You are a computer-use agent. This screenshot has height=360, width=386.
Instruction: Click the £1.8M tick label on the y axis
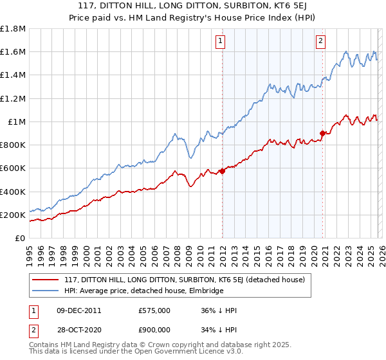12,29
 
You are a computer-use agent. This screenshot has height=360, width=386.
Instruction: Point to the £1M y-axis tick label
16,122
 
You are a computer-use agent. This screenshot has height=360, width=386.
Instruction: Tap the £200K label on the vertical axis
12,215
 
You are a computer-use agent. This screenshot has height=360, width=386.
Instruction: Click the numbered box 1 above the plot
221,41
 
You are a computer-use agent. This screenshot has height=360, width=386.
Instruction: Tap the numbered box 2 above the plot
320,41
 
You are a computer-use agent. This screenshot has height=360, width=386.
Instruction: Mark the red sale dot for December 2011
222,171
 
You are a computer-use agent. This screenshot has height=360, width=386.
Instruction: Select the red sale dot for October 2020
322,134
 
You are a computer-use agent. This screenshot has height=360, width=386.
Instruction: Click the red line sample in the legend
44,280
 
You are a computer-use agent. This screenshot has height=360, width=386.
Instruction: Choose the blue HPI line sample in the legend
44,291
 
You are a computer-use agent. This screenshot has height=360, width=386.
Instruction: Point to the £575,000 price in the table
154,310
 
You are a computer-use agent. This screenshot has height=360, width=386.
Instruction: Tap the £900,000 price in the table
154,331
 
